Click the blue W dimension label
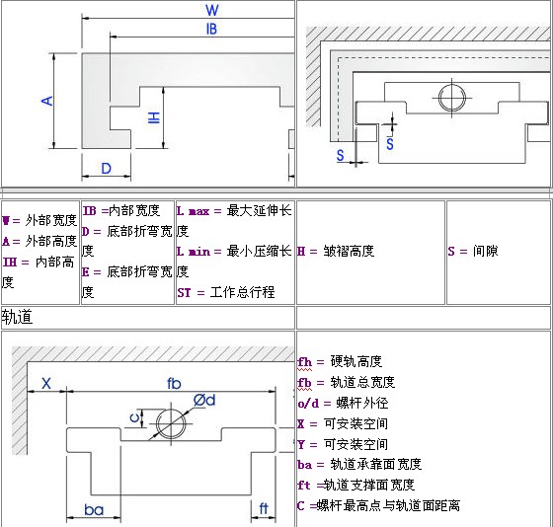(212, 10)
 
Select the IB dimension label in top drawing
(211, 29)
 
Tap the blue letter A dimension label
(47, 102)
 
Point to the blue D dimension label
(107, 169)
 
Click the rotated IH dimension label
(154, 117)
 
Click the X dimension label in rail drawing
(46, 383)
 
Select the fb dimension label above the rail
(174, 384)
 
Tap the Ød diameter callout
(204, 401)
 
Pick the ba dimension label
(94, 509)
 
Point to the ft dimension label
(264, 508)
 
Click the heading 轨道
(17, 317)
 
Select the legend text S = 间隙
(473, 251)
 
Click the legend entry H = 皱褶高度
(336, 251)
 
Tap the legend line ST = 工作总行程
(226, 292)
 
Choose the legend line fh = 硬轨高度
(340, 361)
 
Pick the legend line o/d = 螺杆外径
(343, 403)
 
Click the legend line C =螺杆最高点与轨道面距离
(379, 505)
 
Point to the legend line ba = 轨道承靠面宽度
(359, 464)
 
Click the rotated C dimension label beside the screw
(134, 418)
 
